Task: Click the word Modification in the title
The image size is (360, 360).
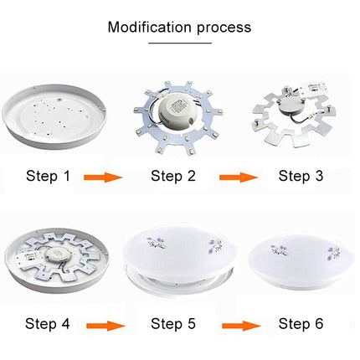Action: coord(150,27)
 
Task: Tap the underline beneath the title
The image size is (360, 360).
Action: coord(180,43)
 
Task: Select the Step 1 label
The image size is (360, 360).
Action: coord(48,176)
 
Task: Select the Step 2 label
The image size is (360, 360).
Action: coord(173,176)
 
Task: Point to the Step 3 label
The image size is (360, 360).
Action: coord(301,176)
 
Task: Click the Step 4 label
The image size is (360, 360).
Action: coord(47,323)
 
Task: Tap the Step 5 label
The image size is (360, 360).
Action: coord(173,323)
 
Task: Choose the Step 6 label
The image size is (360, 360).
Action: coord(301,323)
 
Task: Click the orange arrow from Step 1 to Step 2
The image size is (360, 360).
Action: coord(103,177)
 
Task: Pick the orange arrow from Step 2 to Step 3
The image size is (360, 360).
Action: coord(239,177)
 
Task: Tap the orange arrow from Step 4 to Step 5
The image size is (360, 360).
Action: coord(105,326)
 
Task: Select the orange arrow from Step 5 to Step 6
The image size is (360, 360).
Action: coord(241,326)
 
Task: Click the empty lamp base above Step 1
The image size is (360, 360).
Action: coord(54,116)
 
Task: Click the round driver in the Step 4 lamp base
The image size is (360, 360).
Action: coord(54,255)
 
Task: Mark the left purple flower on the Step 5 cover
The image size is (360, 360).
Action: coord(157,242)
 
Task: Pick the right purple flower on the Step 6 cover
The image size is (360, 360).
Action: coord(335,253)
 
